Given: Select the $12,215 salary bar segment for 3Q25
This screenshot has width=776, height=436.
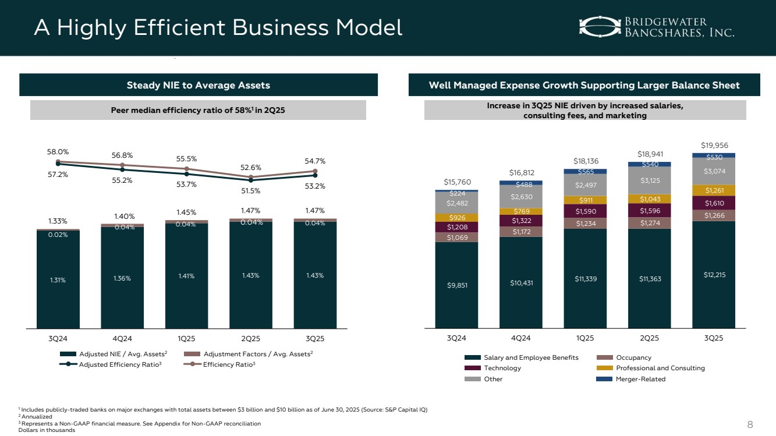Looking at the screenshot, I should [713, 274].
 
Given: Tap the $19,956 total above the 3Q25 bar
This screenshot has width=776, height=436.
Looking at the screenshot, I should [713, 146].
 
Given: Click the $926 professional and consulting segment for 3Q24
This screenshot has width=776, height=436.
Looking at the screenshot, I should [456, 217].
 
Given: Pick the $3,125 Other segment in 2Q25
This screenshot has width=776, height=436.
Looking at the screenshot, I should [649, 180].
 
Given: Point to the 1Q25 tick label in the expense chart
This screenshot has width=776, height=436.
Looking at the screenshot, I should [585, 338].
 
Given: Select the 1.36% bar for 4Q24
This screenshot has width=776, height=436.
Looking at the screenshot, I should [122, 278].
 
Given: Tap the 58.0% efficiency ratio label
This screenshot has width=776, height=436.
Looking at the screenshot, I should [57, 151].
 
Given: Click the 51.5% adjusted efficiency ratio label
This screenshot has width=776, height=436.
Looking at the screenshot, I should [250, 190].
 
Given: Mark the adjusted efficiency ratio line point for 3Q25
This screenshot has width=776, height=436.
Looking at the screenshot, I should [315, 175].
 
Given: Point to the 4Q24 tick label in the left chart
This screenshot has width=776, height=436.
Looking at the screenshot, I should [122, 338].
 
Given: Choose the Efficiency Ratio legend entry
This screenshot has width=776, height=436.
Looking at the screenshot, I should [229, 364].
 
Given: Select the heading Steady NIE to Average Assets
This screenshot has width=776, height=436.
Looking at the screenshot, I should [199, 86].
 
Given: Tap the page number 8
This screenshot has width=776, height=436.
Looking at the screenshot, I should [750, 424].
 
